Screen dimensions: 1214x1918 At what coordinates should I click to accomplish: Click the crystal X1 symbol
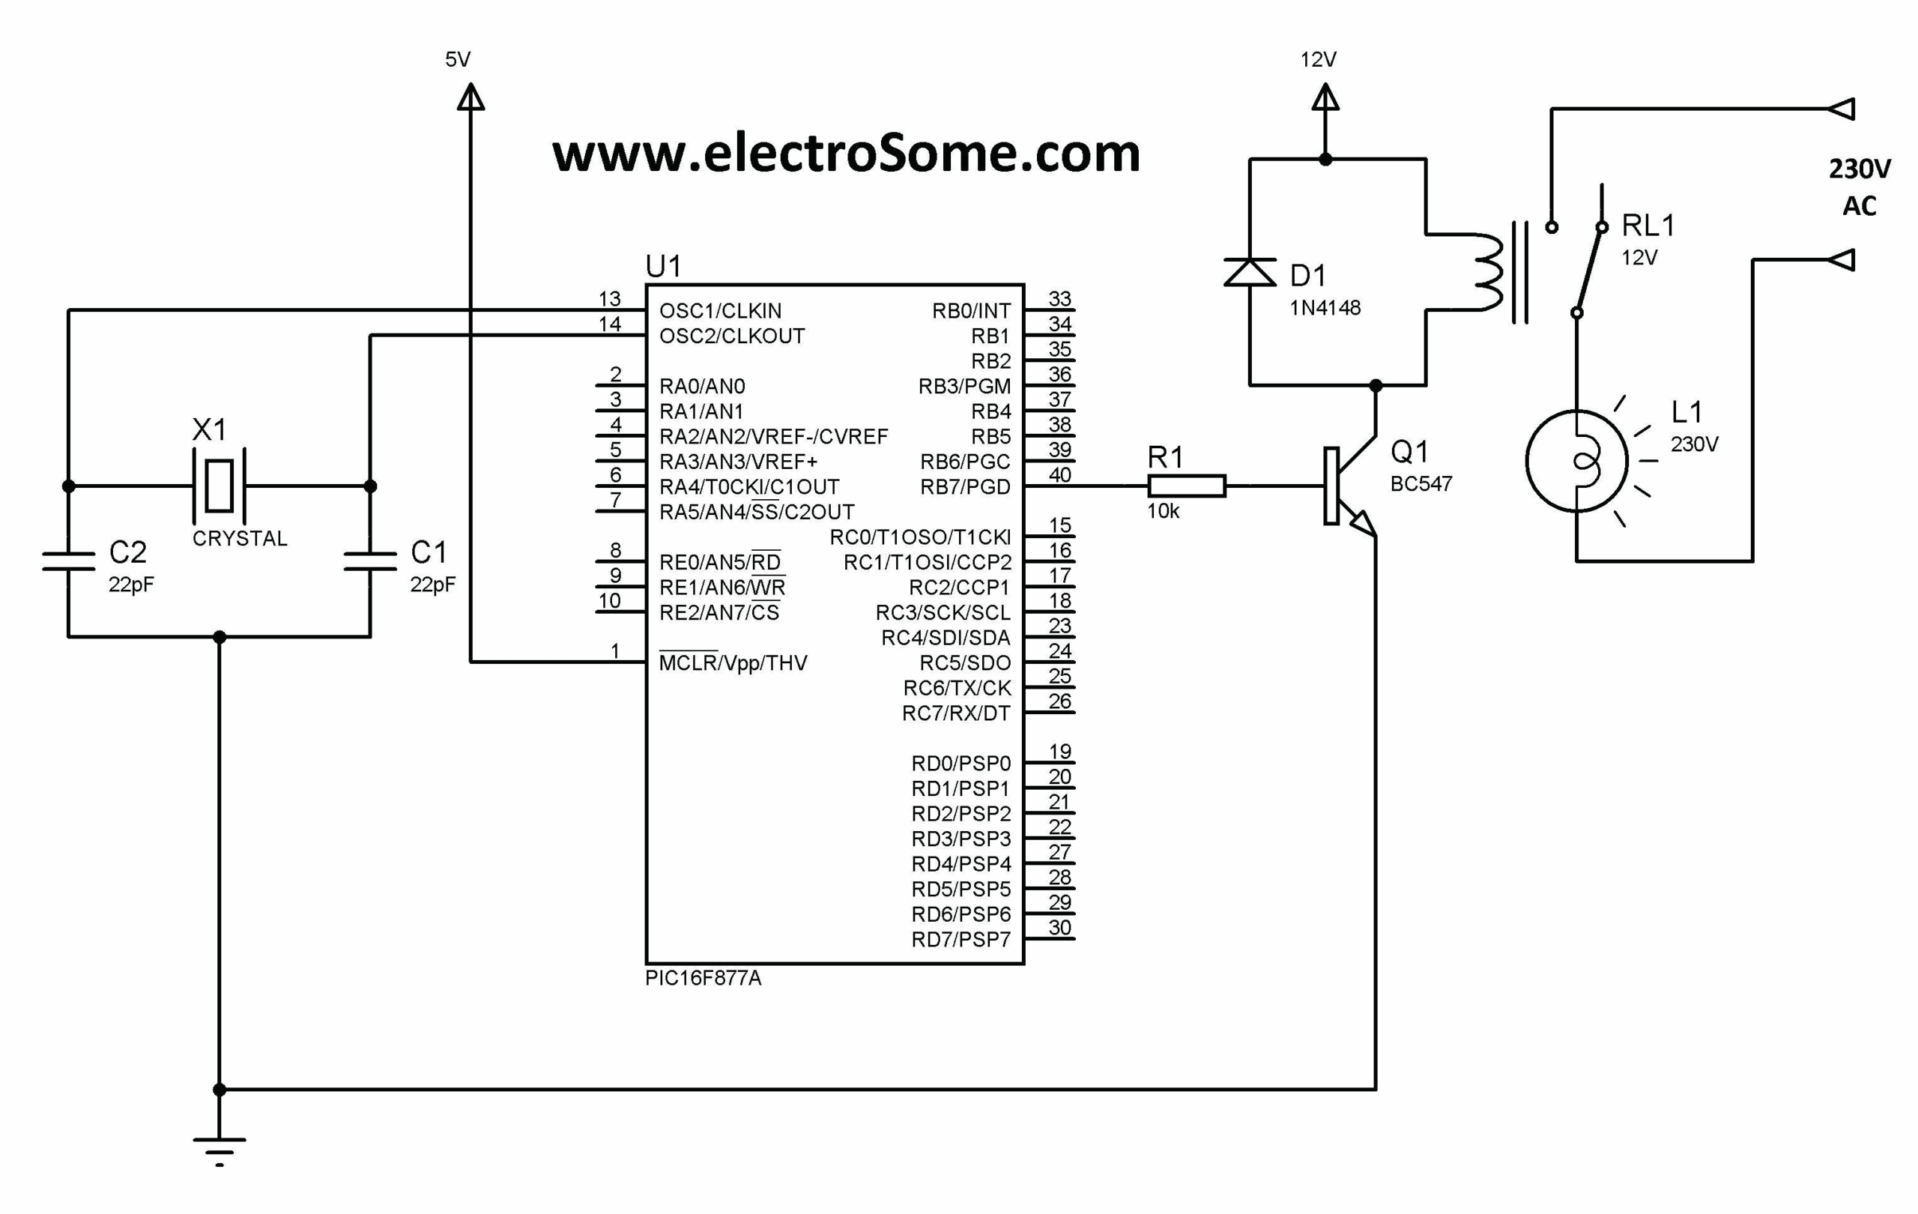pyautogui.click(x=219, y=485)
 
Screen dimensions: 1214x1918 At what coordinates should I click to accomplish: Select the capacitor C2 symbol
pyautogui.click(x=68, y=561)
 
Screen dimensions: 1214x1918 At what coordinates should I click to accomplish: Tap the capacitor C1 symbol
pyautogui.click(x=370, y=561)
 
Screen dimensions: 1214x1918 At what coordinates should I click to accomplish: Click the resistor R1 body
pyautogui.click(x=1186, y=485)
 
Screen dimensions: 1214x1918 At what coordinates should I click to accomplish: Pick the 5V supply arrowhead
pyautogui.click(x=471, y=97)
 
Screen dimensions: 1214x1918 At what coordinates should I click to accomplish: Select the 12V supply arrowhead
pyautogui.click(x=1325, y=97)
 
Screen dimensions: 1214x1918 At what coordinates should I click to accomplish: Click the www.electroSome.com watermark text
pyautogui.click(x=846, y=153)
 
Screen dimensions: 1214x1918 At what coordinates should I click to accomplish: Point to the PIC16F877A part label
pyautogui.click(x=703, y=978)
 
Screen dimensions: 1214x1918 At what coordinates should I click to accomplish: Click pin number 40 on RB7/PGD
pyautogui.click(x=1059, y=475)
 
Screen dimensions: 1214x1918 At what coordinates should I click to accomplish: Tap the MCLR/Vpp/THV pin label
pyautogui.click(x=733, y=662)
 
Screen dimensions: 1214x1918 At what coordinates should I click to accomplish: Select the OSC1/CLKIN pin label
pyautogui.click(x=720, y=311)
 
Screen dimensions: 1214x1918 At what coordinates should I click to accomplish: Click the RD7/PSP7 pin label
pyautogui.click(x=960, y=940)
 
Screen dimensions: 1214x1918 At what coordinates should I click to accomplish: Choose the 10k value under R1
pyautogui.click(x=1163, y=511)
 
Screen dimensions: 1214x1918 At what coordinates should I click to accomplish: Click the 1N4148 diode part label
pyautogui.click(x=1325, y=307)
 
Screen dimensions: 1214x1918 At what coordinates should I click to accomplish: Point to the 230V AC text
pyautogui.click(x=1859, y=187)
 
